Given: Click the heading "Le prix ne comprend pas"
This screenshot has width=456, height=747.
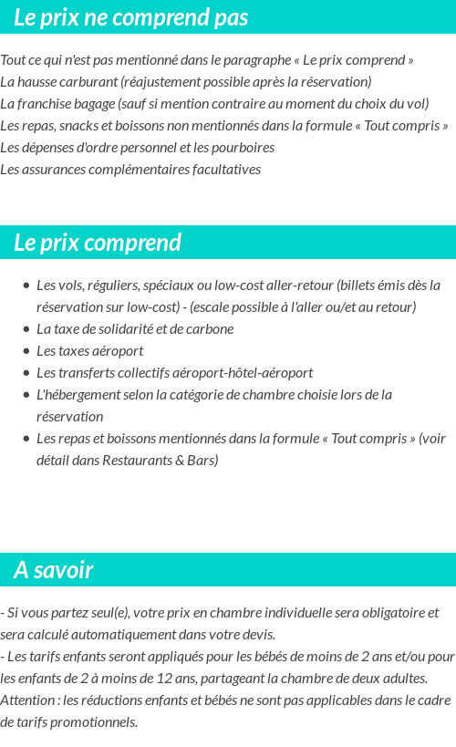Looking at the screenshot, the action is pos(131,17).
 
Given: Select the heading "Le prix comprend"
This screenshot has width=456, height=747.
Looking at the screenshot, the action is pos(98,243).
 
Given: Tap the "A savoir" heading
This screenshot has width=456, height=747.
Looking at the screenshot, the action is pos(54,570).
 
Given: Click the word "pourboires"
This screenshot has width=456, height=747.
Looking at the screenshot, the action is pos(244,147).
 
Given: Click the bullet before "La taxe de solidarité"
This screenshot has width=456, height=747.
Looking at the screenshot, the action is pos(26,329).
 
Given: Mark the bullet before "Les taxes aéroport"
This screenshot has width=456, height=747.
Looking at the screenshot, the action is pos(26,351).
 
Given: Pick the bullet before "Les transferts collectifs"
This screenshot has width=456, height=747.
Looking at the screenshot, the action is pos(26,373).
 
